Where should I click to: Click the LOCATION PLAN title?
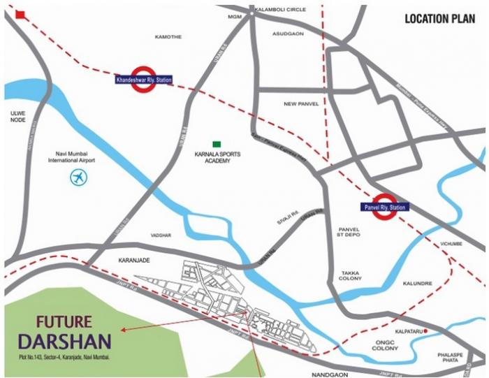[x=440, y=19]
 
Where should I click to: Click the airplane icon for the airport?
[x=80, y=177]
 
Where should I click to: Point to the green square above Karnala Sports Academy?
[x=217, y=144]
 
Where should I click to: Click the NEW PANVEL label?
[x=301, y=104]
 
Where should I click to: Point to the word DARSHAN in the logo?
[x=64, y=342]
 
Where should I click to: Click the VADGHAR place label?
[x=161, y=235]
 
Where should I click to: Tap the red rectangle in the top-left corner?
[x=20, y=15]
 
